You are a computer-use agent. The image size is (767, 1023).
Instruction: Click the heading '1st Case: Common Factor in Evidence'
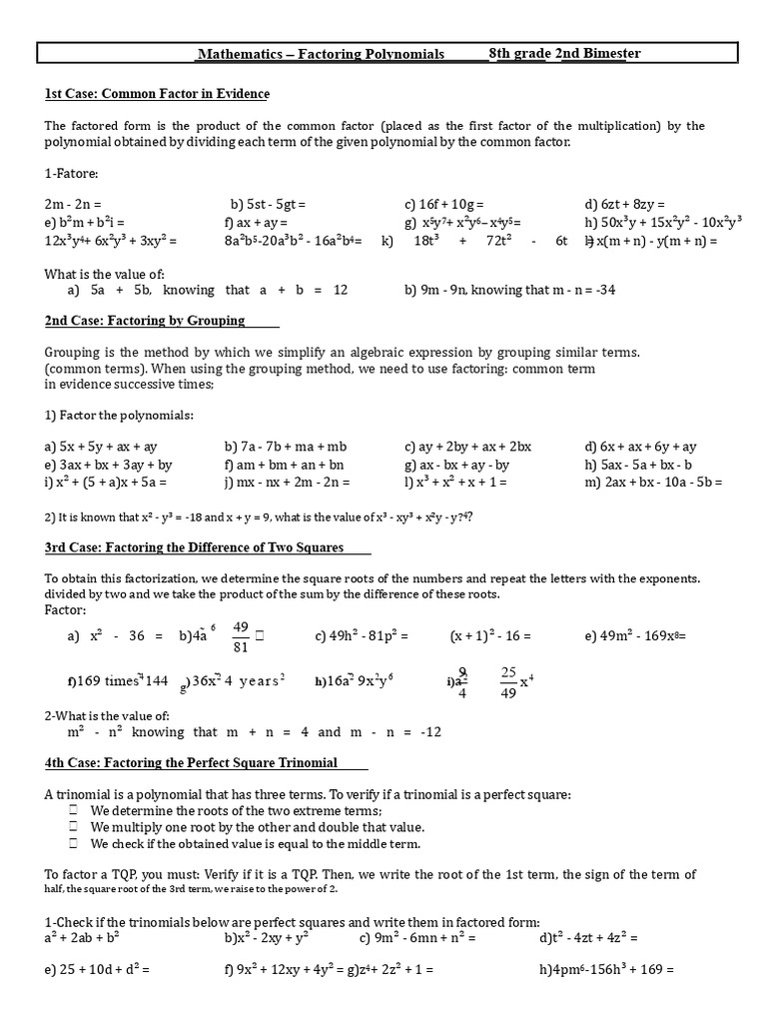(157, 94)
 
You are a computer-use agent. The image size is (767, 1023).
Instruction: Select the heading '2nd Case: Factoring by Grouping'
(145, 321)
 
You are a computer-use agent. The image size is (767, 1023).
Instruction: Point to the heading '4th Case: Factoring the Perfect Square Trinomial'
(191, 762)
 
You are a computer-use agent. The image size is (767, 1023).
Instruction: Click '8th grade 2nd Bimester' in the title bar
(564, 53)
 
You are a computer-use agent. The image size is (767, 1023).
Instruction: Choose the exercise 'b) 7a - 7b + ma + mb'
(286, 447)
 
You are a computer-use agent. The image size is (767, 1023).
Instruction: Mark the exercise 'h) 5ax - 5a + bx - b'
(638, 465)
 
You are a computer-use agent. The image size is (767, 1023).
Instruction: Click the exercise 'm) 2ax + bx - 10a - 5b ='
(653, 483)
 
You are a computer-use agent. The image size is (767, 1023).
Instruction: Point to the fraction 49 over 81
(240, 635)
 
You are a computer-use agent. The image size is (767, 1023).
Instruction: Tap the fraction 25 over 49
(508, 681)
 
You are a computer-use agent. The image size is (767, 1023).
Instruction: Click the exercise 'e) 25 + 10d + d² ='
(92, 969)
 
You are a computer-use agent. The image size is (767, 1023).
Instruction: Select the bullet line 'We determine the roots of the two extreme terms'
(236, 810)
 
